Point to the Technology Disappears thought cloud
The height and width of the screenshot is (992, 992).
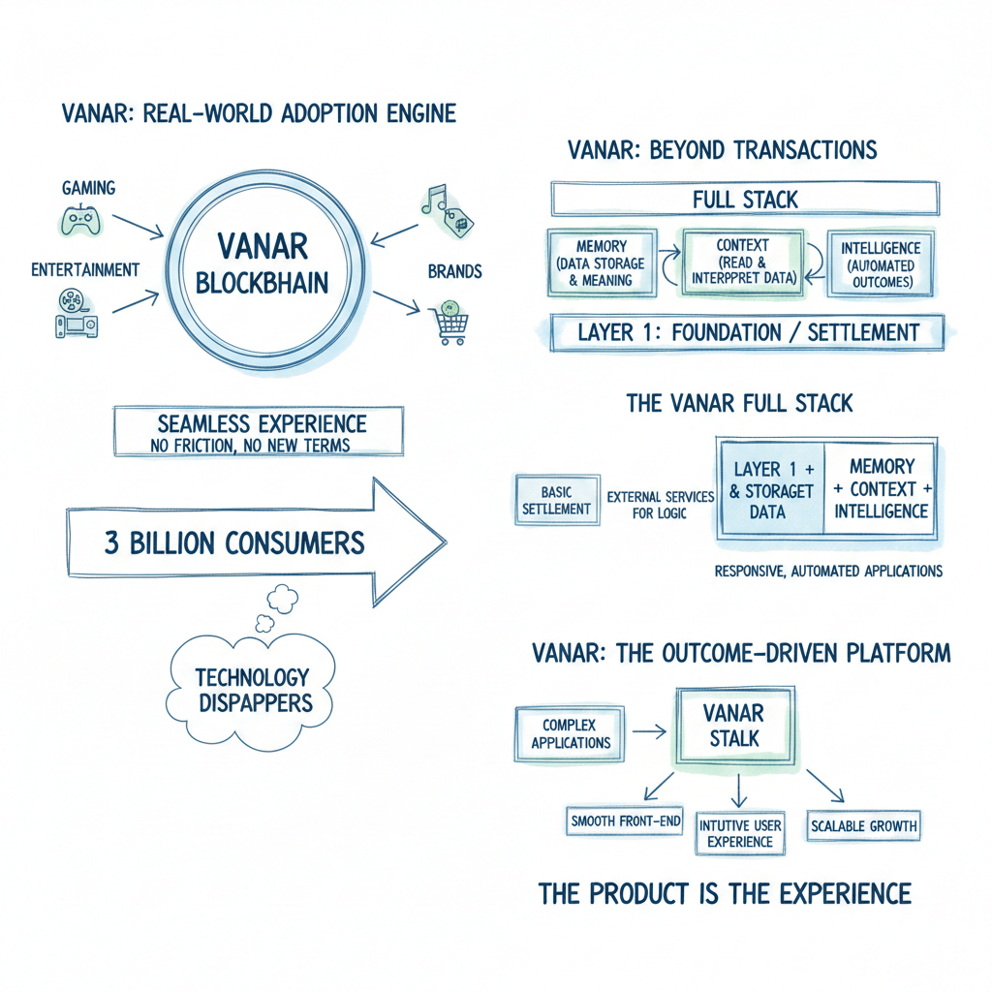click(x=253, y=688)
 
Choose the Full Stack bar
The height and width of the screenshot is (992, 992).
click(x=744, y=200)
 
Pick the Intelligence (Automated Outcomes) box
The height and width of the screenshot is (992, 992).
click(x=880, y=263)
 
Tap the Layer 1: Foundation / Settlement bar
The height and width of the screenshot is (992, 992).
click(x=746, y=332)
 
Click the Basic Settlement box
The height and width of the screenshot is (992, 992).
click(x=557, y=499)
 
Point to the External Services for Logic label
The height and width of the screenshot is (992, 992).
click(x=660, y=505)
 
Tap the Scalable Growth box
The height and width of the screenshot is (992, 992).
click(x=864, y=827)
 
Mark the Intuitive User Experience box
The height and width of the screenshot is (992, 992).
click(x=740, y=833)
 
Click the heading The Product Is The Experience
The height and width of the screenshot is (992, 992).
click(x=725, y=892)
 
